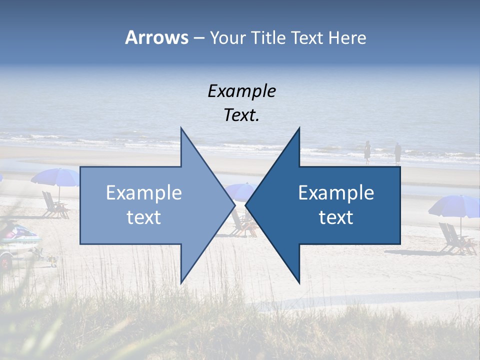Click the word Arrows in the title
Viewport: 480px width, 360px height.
click(x=156, y=37)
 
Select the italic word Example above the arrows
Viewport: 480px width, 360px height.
click(x=241, y=91)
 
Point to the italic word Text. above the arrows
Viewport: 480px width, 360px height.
click(x=241, y=115)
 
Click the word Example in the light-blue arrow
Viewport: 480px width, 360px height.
click(x=144, y=193)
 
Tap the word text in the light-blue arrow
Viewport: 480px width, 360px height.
click(x=144, y=217)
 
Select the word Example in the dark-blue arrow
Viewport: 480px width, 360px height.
click(x=336, y=193)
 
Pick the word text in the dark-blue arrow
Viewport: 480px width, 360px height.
click(x=336, y=217)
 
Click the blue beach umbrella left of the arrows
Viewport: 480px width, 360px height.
click(x=55, y=177)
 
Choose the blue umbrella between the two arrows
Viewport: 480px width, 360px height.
click(x=240, y=190)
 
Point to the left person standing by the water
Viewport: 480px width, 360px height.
click(x=367, y=151)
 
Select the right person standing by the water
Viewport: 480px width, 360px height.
click(x=397, y=152)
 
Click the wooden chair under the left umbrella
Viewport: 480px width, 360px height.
click(x=54, y=205)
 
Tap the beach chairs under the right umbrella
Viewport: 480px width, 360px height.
click(x=455, y=239)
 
